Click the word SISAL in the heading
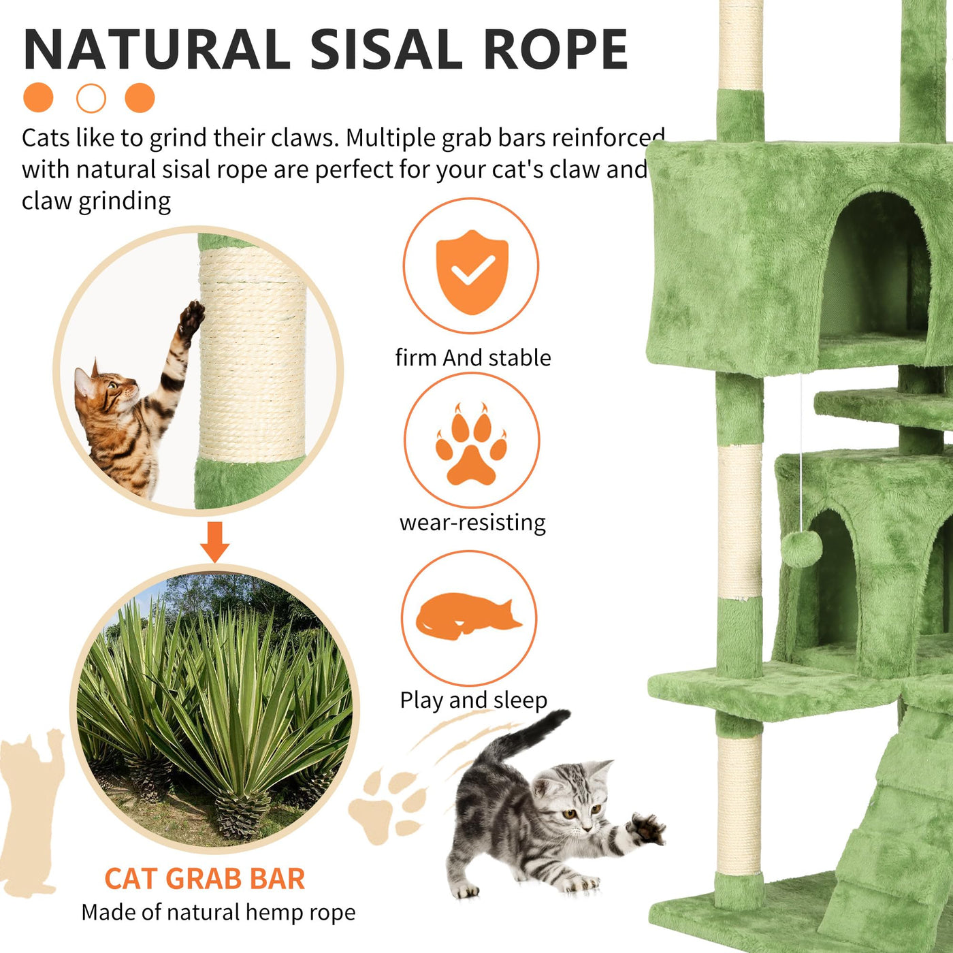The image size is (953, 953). [386, 50]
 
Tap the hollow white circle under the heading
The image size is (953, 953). [91, 98]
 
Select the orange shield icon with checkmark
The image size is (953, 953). [472, 272]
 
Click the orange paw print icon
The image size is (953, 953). [471, 443]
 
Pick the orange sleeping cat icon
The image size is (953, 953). [468, 616]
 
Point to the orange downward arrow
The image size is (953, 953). [214, 542]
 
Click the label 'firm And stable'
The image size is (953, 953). [473, 357]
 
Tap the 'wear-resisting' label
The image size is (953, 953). [473, 523]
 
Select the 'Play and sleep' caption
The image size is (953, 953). [473, 700]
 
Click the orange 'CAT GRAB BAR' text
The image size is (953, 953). [205, 879]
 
